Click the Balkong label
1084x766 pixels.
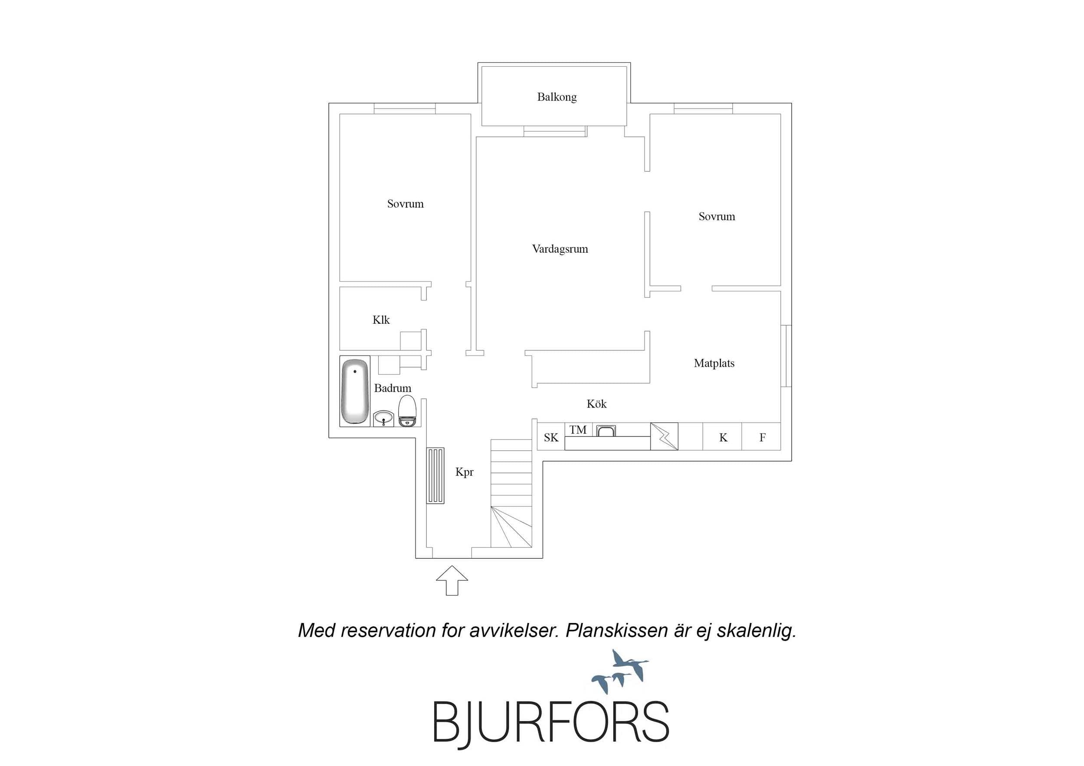pos(557,97)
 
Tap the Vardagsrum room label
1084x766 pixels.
pos(560,249)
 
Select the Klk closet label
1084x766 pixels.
pos(381,320)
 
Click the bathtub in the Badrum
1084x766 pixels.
pos(354,391)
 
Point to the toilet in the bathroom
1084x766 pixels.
pos(407,411)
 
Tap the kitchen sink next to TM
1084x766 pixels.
pos(606,430)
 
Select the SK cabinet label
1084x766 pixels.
pos(551,437)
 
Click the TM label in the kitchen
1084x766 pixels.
pos(578,430)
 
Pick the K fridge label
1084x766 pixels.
pos(723,437)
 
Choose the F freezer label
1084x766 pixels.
pos(762,437)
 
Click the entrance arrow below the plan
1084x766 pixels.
pos(452,580)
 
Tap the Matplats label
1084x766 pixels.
pos(714,363)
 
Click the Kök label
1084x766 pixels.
pos(596,404)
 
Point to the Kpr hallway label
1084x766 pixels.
pos(464,472)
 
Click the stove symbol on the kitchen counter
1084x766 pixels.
pos(664,436)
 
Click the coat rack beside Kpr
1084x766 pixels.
pos(436,476)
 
